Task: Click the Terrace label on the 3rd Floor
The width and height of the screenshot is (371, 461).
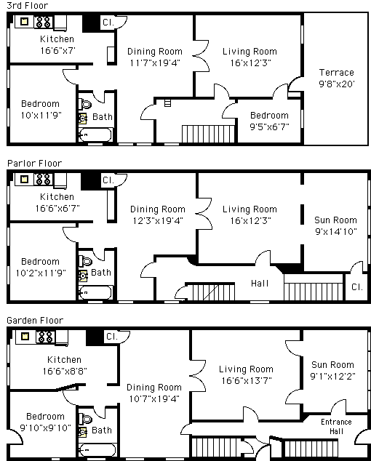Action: coord(336,72)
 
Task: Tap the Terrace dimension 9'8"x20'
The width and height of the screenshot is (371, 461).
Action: coord(337,84)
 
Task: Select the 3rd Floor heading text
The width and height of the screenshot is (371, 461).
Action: coord(27,6)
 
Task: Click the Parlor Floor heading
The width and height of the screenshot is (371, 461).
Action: coord(34,163)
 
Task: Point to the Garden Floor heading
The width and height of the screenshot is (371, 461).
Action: coord(35,320)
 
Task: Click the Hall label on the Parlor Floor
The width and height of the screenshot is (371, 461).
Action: coord(260,284)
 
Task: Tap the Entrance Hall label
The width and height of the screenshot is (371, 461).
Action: coord(336,427)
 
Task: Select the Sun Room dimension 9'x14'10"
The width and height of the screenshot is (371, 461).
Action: coord(336,232)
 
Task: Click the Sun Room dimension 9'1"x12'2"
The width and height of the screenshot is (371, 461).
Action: coord(332,377)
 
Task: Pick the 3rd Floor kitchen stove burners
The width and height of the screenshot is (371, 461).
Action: coord(44,22)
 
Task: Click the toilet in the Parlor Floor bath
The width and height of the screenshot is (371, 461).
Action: coord(85,261)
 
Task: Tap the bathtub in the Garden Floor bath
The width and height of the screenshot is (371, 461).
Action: coord(97,450)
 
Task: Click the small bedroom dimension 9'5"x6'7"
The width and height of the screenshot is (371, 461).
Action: coord(269,127)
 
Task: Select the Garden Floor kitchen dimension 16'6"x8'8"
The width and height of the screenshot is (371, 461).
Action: coord(65,372)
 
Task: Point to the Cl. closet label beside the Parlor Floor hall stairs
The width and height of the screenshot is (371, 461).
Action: coord(357,287)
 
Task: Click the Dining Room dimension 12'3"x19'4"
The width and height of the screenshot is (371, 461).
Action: coord(158,221)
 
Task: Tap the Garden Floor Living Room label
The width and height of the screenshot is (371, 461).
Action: coord(246,369)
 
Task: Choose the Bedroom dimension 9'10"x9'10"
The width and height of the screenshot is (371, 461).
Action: coord(46,428)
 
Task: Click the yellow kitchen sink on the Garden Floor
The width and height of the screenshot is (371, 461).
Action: coord(25,336)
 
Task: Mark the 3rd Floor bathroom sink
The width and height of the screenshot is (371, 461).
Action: coord(82,119)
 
